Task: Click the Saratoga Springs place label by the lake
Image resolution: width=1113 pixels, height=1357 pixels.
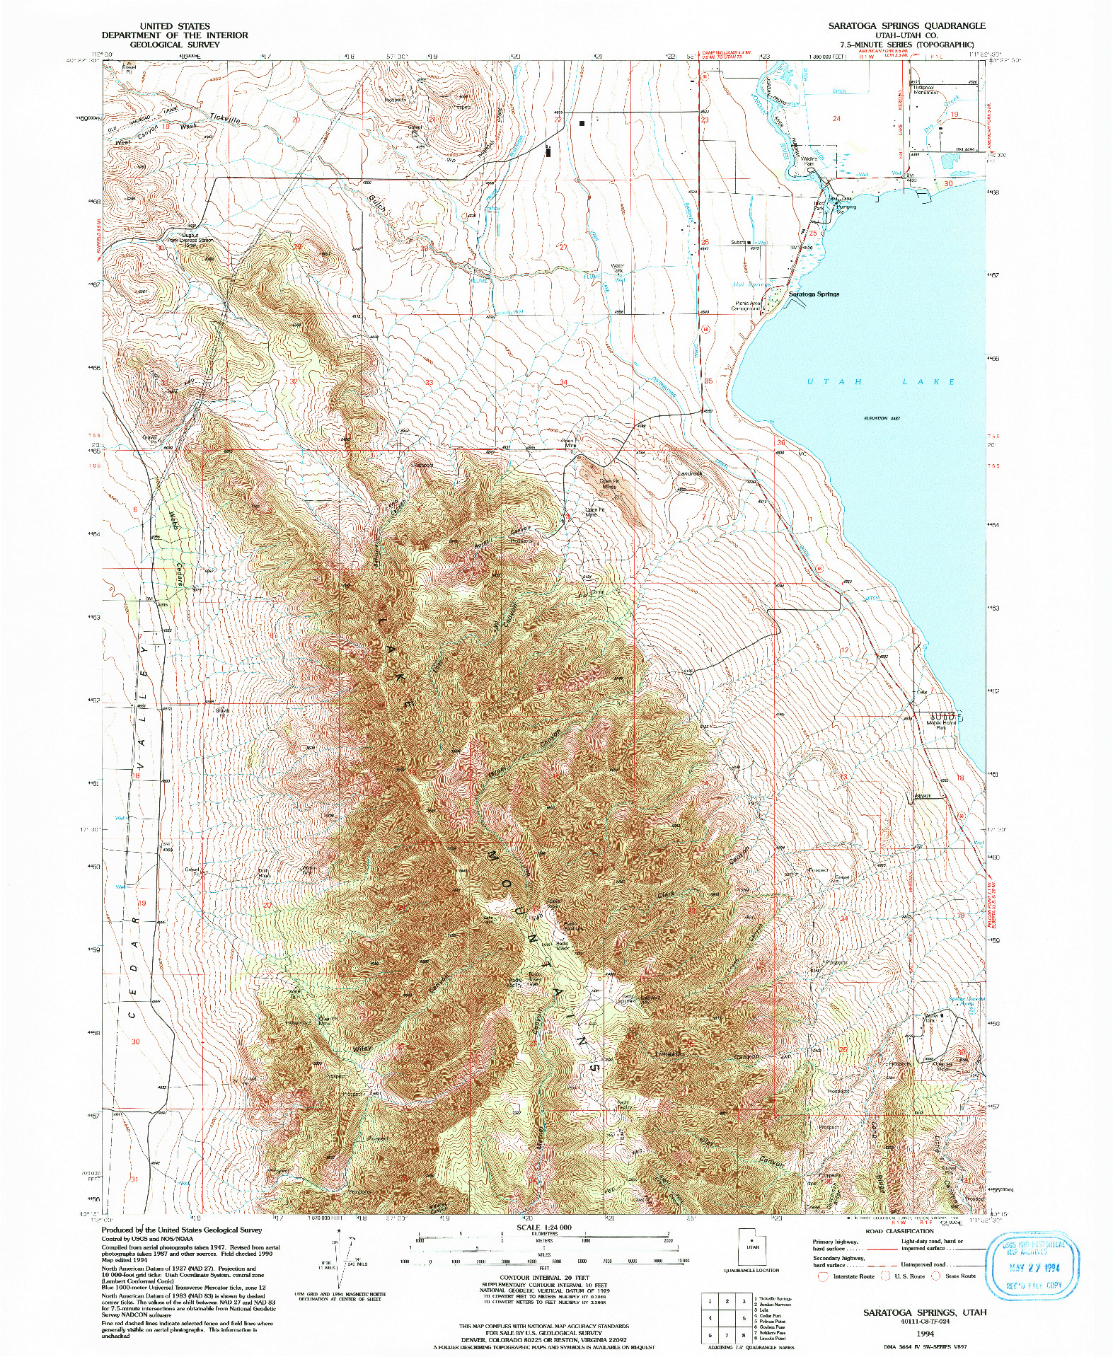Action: pyautogui.click(x=814, y=294)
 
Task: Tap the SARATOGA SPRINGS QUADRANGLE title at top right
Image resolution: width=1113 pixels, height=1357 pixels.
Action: pyautogui.click(x=906, y=25)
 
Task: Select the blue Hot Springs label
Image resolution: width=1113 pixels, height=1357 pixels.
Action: pyautogui.click(x=751, y=284)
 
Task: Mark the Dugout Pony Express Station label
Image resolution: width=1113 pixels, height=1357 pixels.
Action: pyautogui.click(x=197, y=241)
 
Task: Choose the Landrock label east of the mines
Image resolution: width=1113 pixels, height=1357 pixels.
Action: pyautogui.click(x=690, y=473)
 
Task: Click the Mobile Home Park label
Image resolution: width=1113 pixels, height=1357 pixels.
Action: pyautogui.click(x=941, y=724)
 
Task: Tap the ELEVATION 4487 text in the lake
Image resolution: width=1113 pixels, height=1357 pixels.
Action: pyautogui.click(x=882, y=418)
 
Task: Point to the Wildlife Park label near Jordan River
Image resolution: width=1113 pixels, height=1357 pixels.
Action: pyautogui.click(x=809, y=161)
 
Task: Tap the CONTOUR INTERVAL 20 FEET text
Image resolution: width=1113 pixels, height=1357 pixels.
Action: pyautogui.click(x=544, y=1278)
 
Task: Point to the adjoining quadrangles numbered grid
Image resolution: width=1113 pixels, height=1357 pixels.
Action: pyautogui.click(x=727, y=1318)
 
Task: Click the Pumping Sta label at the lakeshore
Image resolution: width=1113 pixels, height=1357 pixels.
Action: pyautogui.click(x=846, y=209)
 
